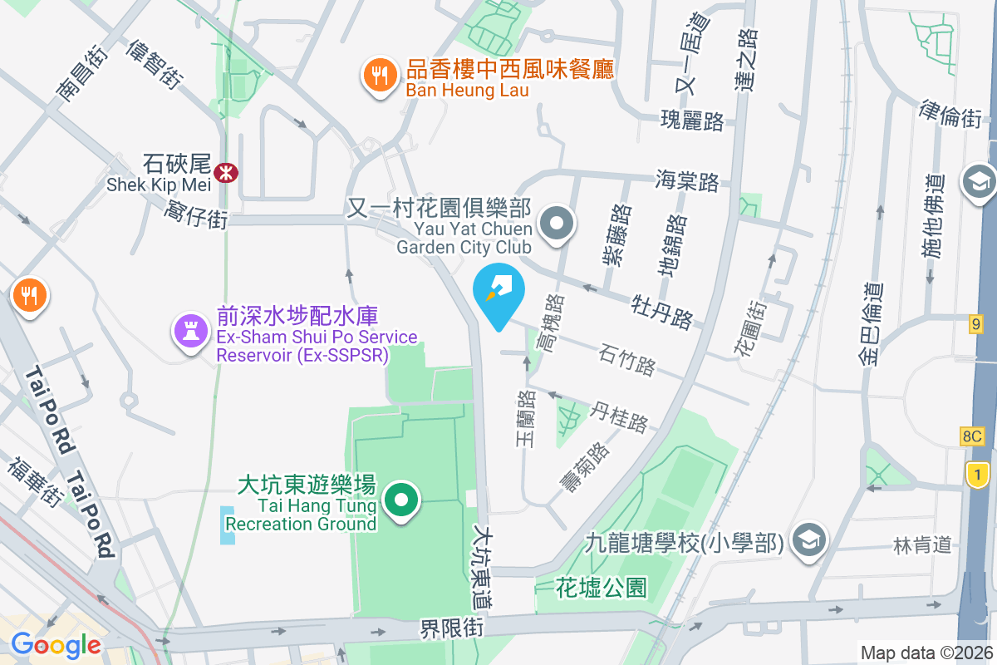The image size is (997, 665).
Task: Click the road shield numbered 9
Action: coord(975,323)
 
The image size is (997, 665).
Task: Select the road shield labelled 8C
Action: coord(972,436)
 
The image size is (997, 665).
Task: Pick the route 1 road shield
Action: coord(978,475)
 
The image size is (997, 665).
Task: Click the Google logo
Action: coord(56,644)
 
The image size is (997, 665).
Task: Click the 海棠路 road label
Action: coord(686,180)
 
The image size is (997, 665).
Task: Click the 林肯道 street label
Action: coord(922,545)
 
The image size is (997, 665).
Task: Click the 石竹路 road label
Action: coord(626,361)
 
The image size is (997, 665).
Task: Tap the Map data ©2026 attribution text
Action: coord(926,653)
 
